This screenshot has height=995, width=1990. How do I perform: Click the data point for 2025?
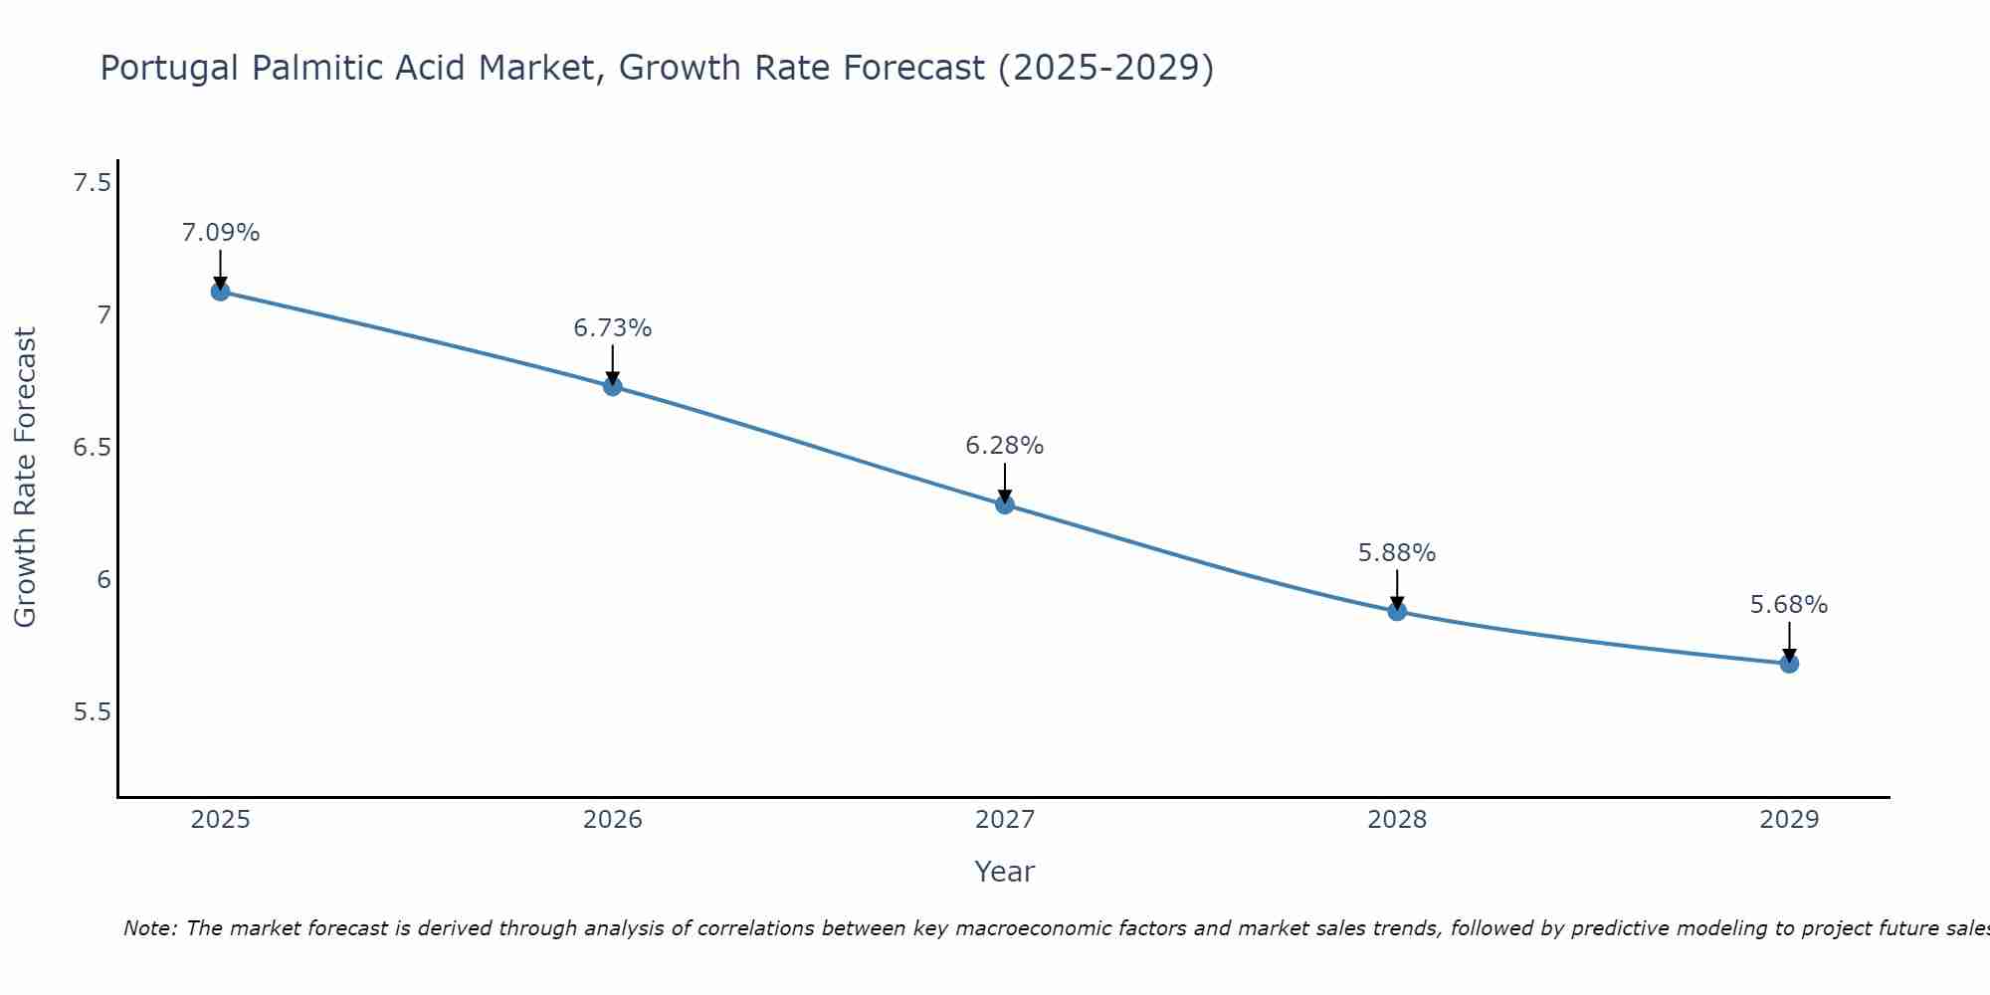(x=220, y=292)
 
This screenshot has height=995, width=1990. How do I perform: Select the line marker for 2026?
(x=613, y=386)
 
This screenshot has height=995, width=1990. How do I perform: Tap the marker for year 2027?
(x=1005, y=504)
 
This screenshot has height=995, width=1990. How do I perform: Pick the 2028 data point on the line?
(x=1397, y=611)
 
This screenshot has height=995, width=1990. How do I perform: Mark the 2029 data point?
(x=1789, y=664)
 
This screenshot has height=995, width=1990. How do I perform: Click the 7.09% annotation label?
(x=220, y=233)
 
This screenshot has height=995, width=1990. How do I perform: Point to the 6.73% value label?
(x=613, y=328)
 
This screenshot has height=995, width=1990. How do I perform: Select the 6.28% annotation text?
(x=1005, y=446)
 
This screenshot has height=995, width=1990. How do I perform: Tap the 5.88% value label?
(x=1397, y=553)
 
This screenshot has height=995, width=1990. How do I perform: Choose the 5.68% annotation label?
(x=1789, y=605)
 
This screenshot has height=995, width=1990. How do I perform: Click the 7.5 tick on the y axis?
(x=92, y=183)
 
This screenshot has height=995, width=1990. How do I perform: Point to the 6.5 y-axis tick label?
(x=92, y=448)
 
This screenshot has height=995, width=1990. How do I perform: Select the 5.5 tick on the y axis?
(x=92, y=712)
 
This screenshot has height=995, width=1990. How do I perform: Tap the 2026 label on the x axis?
(x=613, y=820)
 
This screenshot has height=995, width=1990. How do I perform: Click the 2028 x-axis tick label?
(x=1397, y=820)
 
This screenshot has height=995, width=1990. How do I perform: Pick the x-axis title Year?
(x=1005, y=872)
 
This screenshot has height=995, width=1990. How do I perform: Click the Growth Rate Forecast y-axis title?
(x=25, y=478)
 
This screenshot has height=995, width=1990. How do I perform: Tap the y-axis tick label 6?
(x=103, y=580)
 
